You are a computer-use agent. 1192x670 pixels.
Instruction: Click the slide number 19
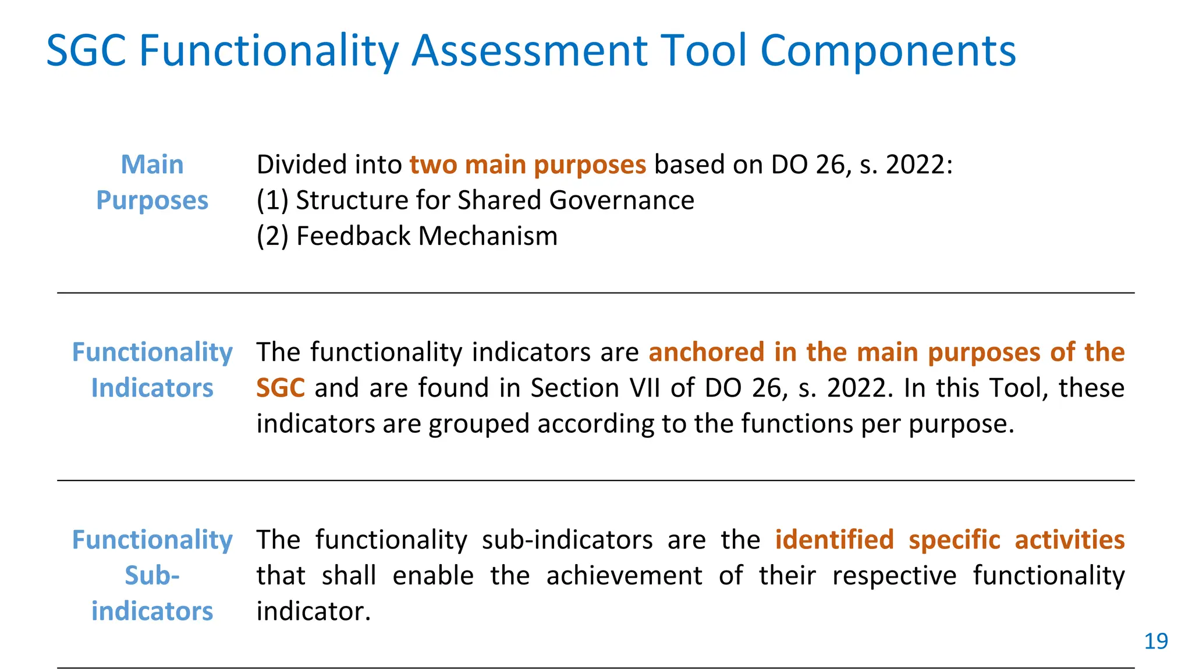pos(1156,642)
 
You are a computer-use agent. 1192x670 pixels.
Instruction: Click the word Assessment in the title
pos(530,51)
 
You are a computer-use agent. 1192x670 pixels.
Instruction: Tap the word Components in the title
pos(888,51)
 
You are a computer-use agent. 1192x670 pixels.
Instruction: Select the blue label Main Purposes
pos(152,183)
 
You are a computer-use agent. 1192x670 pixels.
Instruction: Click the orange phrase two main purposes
pos(527,165)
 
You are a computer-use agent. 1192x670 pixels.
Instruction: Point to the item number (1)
pos(272,201)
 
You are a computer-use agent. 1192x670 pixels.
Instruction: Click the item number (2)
pos(272,237)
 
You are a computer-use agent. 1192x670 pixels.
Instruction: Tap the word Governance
pos(621,201)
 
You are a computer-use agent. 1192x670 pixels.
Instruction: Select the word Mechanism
pos(488,237)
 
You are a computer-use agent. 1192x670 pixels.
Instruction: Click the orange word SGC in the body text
pos(281,388)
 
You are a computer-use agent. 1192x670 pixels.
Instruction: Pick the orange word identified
pos(834,540)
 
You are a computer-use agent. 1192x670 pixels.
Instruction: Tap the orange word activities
pos(1069,540)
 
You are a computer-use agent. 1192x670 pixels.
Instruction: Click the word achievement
pos(624,576)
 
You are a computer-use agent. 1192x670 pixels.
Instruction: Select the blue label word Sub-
pos(152,576)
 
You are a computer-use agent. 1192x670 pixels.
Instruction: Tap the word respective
pos(894,576)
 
